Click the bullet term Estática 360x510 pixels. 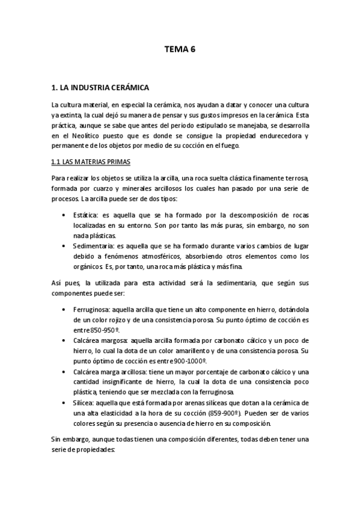coord(84,214)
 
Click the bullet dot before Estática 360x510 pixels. coord(64,215)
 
